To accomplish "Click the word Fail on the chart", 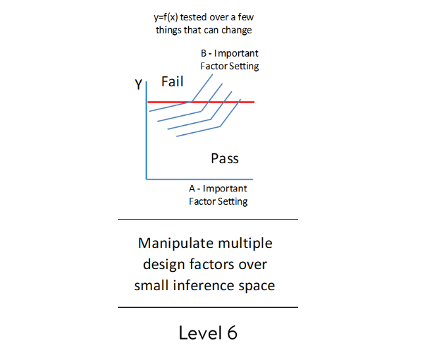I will click(x=172, y=82).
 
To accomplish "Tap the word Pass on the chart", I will click(x=224, y=159).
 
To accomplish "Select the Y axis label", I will click(x=138, y=84).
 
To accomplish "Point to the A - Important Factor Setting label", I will click(x=218, y=195).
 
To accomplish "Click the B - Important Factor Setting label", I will click(x=229, y=59).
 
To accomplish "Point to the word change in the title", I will click(x=237, y=30).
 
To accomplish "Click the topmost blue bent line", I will click(x=170, y=107).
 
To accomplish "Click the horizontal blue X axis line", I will click(x=197, y=178).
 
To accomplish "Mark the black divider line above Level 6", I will click(x=207, y=307).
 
